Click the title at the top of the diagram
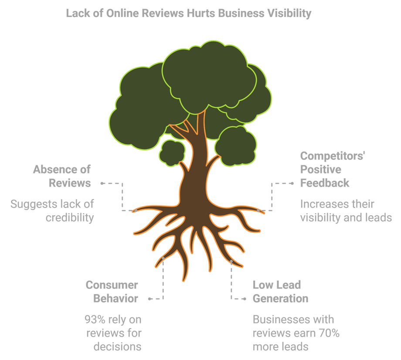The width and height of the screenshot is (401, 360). tap(188, 13)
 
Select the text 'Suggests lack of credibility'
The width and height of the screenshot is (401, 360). tap(52, 211)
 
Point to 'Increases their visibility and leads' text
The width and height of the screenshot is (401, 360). tap(346, 211)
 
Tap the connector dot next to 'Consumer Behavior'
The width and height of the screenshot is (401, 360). tap(149, 299)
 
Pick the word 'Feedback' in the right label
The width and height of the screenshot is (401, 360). tap(325, 183)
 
